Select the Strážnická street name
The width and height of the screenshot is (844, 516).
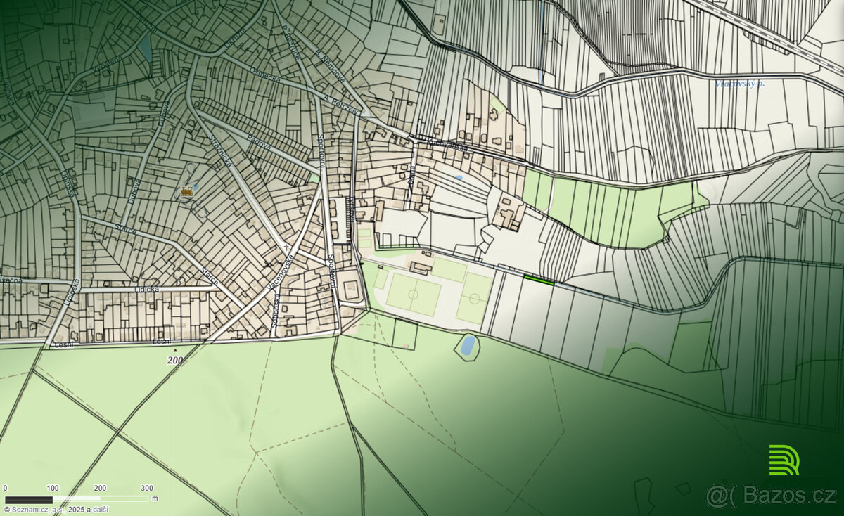point(217,149)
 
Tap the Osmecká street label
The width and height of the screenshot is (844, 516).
point(265,76)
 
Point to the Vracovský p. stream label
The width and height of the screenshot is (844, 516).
point(738,84)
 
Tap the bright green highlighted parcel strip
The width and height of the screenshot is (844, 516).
point(539,280)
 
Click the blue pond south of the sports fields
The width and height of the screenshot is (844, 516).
point(467,345)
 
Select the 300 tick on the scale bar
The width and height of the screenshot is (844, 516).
point(147,488)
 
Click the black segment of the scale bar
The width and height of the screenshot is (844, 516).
point(29,499)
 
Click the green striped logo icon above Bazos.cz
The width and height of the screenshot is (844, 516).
point(784,460)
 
